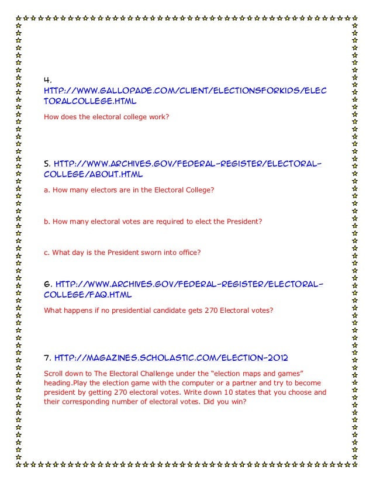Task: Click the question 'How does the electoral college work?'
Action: tap(107, 117)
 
